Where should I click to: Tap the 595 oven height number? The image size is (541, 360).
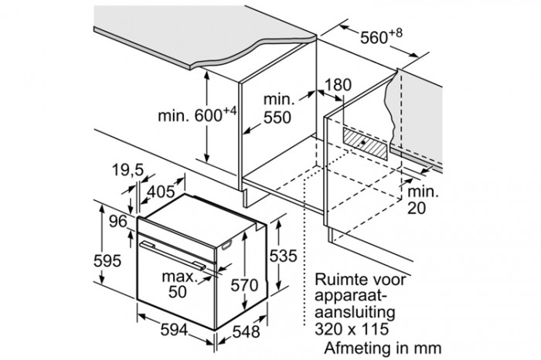pyautogui.click(x=107, y=260)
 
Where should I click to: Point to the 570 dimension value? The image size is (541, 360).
pyautogui.click(x=245, y=286)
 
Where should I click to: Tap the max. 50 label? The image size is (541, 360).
pyautogui.click(x=179, y=284)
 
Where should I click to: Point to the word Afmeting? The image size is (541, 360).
pyautogui.click(x=359, y=346)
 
